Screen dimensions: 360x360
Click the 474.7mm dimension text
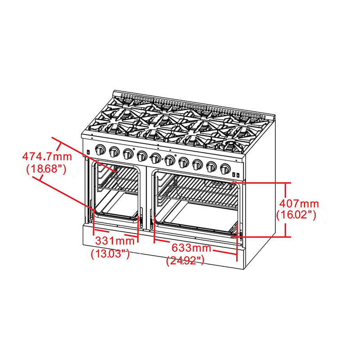tap(47, 157)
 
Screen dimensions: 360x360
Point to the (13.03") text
tap(110, 254)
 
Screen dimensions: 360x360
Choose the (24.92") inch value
tap(185, 260)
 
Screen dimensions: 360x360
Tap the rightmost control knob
tap(224, 169)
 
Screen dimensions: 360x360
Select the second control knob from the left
tap(114, 152)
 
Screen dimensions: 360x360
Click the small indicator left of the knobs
tap(89, 152)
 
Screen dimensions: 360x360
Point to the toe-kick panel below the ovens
tap(162, 245)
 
